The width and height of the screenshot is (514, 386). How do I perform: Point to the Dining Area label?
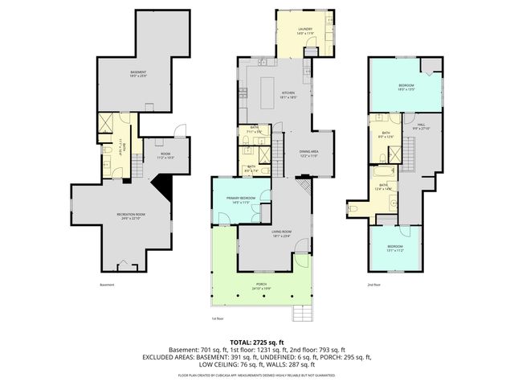309,154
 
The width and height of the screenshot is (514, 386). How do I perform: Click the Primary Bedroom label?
241,199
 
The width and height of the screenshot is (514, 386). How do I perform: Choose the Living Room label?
281,234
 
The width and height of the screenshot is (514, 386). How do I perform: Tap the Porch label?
262,285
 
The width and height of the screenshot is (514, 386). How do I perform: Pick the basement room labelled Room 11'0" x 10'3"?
165,156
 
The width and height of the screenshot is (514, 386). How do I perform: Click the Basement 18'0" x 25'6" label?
138,75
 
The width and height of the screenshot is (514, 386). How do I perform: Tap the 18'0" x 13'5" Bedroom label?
406,88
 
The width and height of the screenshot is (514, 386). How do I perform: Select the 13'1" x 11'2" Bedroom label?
395,248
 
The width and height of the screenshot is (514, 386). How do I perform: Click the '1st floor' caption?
217,318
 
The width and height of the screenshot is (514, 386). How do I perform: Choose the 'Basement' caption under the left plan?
108,285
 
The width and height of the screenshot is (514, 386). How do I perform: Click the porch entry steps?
304,312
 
